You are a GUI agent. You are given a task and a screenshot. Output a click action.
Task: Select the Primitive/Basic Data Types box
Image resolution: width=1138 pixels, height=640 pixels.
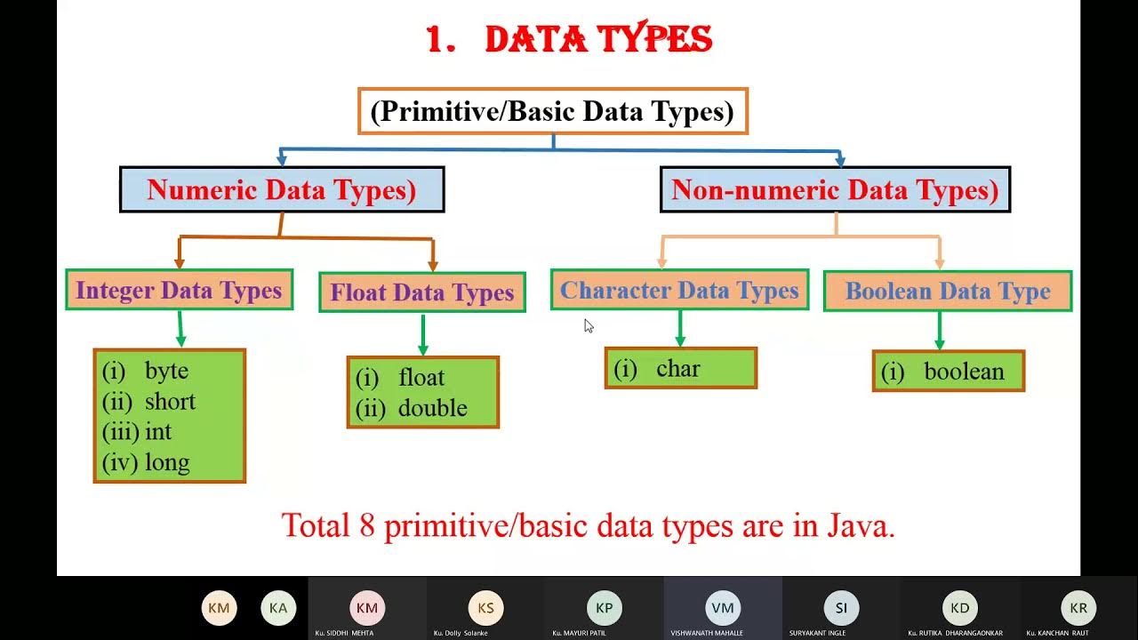[552, 112]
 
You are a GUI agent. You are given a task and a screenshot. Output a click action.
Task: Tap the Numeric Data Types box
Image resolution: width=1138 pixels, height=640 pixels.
[282, 189]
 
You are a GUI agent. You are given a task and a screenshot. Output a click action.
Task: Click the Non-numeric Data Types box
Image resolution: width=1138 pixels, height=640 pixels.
[835, 189]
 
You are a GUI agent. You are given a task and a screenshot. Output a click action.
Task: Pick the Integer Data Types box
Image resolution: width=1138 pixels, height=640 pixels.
[179, 290]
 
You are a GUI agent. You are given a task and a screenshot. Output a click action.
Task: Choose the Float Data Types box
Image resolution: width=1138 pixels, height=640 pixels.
[422, 292]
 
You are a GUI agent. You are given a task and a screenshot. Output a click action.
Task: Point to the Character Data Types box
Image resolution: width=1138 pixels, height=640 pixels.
[679, 290]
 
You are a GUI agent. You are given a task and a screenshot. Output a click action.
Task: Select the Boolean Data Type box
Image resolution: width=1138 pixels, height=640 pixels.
[948, 291]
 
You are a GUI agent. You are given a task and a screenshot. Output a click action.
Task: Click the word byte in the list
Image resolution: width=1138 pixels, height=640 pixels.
[167, 371]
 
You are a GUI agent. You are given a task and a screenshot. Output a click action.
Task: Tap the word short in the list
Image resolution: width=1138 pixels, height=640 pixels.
[170, 402]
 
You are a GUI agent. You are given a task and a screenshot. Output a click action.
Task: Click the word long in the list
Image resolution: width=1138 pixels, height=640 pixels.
[167, 463]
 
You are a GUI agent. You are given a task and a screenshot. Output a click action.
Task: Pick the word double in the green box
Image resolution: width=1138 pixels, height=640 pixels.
[433, 408]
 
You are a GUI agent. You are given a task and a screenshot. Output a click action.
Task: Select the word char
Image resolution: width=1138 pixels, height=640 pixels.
[678, 369]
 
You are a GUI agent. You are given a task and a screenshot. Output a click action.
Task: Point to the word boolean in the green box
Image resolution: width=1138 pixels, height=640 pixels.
[964, 372]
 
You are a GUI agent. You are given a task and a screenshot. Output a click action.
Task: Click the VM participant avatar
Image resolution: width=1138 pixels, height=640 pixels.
[723, 608]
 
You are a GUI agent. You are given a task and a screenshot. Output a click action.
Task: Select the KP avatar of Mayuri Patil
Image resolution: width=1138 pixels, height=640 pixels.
[604, 608]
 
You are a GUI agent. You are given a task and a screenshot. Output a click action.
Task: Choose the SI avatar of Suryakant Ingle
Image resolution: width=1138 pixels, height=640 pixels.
[841, 608]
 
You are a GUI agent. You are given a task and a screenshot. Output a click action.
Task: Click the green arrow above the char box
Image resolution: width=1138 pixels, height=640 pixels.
[680, 328]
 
